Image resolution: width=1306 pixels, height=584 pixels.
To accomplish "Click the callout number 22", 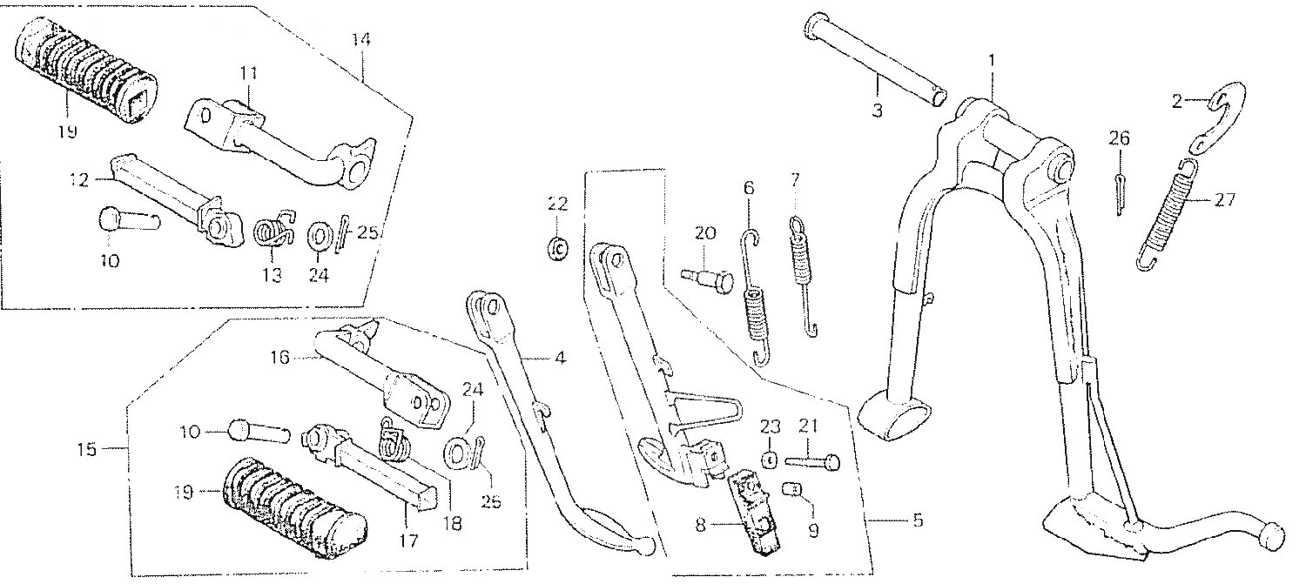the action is click(x=557, y=205).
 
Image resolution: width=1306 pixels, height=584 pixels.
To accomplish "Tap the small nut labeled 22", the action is click(x=557, y=249).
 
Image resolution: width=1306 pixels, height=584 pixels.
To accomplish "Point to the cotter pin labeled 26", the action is click(x=1120, y=193).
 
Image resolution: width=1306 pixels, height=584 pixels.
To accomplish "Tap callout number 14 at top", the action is click(x=361, y=40).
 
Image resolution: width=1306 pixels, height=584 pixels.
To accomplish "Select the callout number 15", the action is click(x=87, y=450).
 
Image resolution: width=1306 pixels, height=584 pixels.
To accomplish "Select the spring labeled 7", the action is click(x=804, y=277).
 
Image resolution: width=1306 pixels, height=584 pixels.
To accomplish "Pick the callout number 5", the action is click(x=918, y=520).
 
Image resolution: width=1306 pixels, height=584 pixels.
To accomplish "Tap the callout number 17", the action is click(x=408, y=541).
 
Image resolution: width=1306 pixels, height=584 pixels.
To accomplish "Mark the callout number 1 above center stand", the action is click(x=991, y=61).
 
